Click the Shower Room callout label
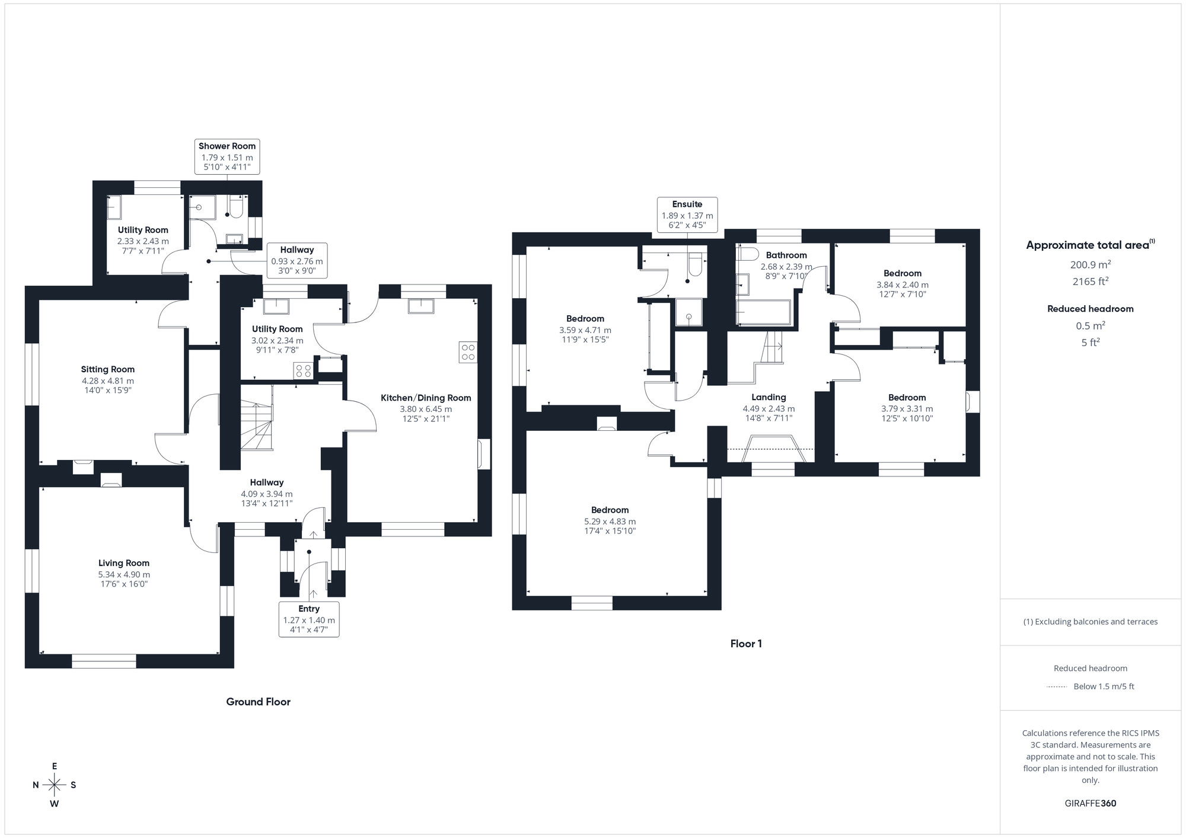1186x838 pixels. click(x=227, y=146)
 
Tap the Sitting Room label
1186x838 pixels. click(x=108, y=369)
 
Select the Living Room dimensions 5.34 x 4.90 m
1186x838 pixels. click(x=124, y=574)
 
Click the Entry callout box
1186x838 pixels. click(x=309, y=619)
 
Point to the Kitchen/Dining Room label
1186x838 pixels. click(x=426, y=398)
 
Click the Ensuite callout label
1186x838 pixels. click(x=687, y=204)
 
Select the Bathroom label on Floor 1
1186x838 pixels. click(x=786, y=255)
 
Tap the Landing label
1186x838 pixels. click(x=769, y=397)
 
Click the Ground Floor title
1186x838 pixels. click(x=258, y=702)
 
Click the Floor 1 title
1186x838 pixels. click(x=746, y=644)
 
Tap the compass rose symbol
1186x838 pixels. click(x=55, y=785)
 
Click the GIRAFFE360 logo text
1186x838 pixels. click(x=1090, y=804)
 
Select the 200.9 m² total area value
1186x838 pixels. click(x=1090, y=265)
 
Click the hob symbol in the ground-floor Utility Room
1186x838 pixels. click(x=304, y=371)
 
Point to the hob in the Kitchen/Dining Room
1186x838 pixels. click(x=468, y=352)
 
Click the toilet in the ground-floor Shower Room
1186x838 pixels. click(x=236, y=207)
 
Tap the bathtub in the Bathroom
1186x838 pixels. click(x=763, y=312)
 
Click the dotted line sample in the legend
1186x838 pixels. click(x=1057, y=687)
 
